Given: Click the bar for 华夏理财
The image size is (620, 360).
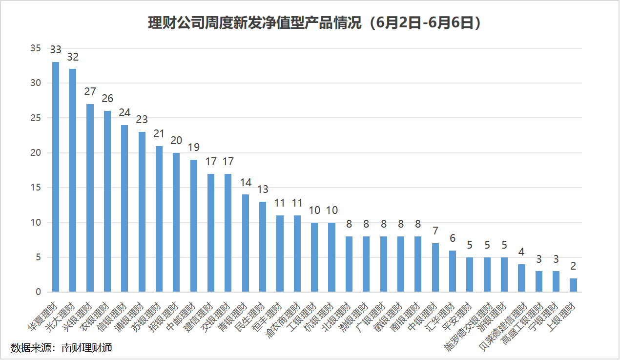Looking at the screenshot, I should pyautogui.click(x=56, y=177).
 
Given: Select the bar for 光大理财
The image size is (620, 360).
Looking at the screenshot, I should pyautogui.click(x=73, y=180).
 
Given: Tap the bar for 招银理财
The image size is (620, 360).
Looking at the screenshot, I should pyautogui.click(x=176, y=222).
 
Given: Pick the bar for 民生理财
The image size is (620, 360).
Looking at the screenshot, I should pyautogui.click(x=263, y=247).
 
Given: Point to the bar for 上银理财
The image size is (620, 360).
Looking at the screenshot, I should pyautogui.click(x=573, y=285).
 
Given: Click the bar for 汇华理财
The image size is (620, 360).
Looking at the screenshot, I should pyautogui.click(x=453, y=271).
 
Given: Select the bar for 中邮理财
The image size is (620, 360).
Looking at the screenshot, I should pyautogui.click(x=194, y=226).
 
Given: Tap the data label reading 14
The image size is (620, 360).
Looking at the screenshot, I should pyautogui.click(x=246, y=182).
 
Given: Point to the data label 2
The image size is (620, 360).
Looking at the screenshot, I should pyautogui.click(x=573, y=266).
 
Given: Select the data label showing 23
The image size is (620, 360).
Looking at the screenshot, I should pyautogui.click(x=142, y=120).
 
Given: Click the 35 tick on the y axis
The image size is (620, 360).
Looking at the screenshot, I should pyautogui.click(x=35, y=48).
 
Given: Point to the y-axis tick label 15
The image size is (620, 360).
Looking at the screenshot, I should pyautogui.click(x=35, y=188).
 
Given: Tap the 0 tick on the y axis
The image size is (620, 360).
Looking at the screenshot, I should pyautogui.click(x=38, y=292).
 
